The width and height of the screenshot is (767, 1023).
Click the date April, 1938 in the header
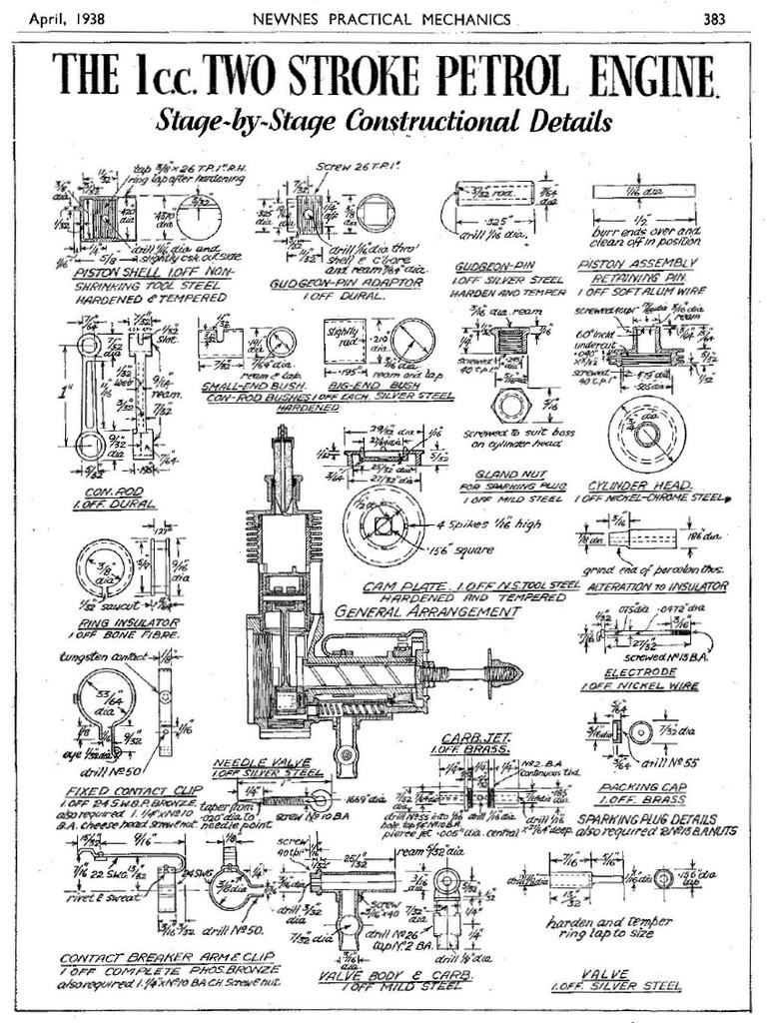click(68, 18)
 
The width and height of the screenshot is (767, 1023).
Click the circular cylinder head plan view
click(646, 433)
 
